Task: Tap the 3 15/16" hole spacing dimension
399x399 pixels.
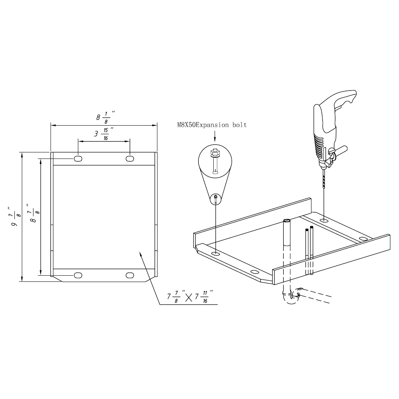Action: (x=103, y=134)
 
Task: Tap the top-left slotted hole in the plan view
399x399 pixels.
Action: (x=78, y=159)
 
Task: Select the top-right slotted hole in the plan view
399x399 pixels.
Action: (x=130, y=159)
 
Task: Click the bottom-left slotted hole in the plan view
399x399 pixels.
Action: (x=78, y=275)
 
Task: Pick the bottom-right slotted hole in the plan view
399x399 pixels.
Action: (x=130, y=275)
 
